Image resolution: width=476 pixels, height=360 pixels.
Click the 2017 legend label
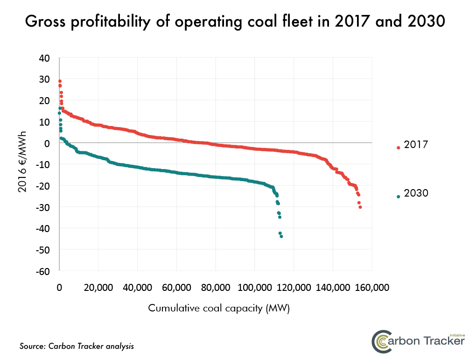(x=416, y=145)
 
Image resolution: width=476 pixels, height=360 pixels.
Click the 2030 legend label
(x=416, y=193)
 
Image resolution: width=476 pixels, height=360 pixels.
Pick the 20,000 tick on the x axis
(x=98, y=287)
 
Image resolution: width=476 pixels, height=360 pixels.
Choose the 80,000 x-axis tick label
(x=216, y=287)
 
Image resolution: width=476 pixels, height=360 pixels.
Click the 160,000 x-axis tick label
(x=371, y=287)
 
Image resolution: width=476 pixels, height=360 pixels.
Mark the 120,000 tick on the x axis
(x=294, y=287)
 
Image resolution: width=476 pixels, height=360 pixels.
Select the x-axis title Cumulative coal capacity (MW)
(x=219, y=309)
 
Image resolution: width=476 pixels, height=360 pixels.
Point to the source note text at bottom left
(x=77, y=346)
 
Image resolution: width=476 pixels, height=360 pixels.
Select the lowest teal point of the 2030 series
(x=281, y=236)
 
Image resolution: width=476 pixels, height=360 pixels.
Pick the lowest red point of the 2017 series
(x=360, y=207)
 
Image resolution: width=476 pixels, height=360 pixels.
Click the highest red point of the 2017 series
(x=60, y=81)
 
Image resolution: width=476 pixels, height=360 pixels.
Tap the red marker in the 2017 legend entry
(x=399, y=148)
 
